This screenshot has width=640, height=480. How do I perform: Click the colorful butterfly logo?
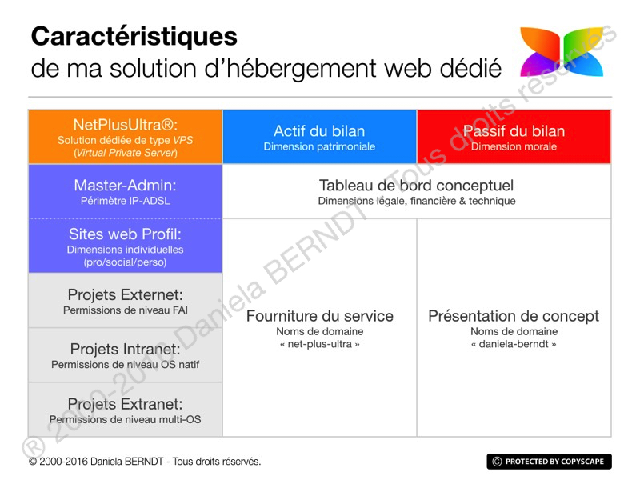561,53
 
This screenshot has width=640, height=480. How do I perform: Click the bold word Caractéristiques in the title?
134,36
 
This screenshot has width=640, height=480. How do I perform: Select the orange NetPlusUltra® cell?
125,137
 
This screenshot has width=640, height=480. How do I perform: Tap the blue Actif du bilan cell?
319,137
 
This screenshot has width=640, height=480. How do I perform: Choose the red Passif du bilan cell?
514,137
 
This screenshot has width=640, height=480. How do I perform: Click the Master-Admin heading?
125,186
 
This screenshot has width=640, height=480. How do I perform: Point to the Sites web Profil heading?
125,234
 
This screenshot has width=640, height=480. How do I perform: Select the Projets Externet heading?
125,294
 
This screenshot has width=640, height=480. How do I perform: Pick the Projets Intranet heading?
125,349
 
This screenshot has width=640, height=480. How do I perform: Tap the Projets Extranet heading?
125,404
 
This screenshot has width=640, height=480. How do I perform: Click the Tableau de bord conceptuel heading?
416,186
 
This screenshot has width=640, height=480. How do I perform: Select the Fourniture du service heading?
319,316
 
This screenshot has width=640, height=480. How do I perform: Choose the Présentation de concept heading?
514,316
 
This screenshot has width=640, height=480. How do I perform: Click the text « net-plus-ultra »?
319,345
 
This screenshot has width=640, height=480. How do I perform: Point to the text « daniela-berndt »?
514,345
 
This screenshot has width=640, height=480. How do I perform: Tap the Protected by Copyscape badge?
549,462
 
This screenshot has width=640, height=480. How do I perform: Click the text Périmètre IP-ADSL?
125,201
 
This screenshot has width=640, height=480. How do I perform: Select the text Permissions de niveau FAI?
125,310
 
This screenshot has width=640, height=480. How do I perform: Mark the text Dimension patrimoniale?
319,147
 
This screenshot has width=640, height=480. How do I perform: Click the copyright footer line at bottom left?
145,462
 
